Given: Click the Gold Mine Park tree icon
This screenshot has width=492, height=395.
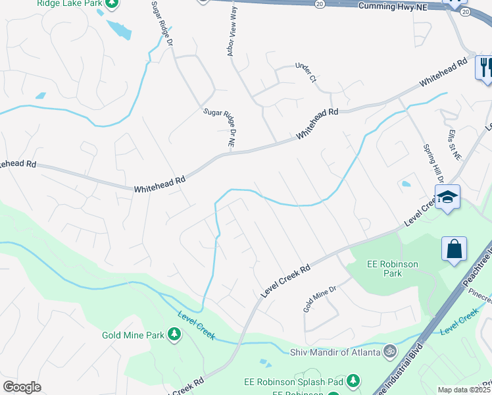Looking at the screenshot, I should click(x=174, y=335).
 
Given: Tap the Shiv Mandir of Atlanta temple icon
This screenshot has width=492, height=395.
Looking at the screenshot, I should click(x=389, y=351).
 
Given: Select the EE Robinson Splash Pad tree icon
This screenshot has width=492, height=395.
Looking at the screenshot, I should click(x=354, y=380).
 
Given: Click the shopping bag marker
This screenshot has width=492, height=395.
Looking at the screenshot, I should click(x=454, y=250).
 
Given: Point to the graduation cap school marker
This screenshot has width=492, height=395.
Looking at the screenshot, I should click(x=447, y=197).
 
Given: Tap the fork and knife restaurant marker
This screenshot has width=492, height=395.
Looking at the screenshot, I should click(x=485, y=67).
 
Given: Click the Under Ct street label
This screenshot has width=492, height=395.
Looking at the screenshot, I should click(x=307, y=72).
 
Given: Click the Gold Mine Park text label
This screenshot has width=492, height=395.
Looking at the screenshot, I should click(x=133, y=335).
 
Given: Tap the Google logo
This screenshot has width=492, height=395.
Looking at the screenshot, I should click(x=22, y=387).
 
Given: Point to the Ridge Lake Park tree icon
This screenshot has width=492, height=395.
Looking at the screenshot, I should click(x=112, y=3).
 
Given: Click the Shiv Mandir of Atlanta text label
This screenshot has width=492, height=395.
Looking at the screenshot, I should click(x=335, y=352).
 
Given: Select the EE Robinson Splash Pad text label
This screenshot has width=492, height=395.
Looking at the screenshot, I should click(x=305, y=381).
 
